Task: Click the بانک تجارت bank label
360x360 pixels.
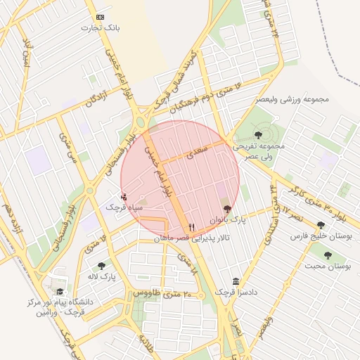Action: tap(101, 28)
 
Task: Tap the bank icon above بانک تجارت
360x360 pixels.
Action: tap(101, 16)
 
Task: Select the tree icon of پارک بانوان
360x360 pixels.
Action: tap(226, 209)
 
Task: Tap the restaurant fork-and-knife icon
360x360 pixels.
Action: tap(192, 227)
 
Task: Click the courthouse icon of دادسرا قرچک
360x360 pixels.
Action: tap(234, 281)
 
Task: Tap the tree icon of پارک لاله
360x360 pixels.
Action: tap(101, 266)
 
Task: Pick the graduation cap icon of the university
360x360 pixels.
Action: tap(59, 291)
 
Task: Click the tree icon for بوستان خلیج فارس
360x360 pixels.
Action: tap(321, 225)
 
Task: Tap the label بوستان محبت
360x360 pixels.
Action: tap(328, 266)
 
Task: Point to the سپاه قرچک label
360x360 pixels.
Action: tap(124, 207)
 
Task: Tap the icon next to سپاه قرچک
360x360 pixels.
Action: tap(124, 196)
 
